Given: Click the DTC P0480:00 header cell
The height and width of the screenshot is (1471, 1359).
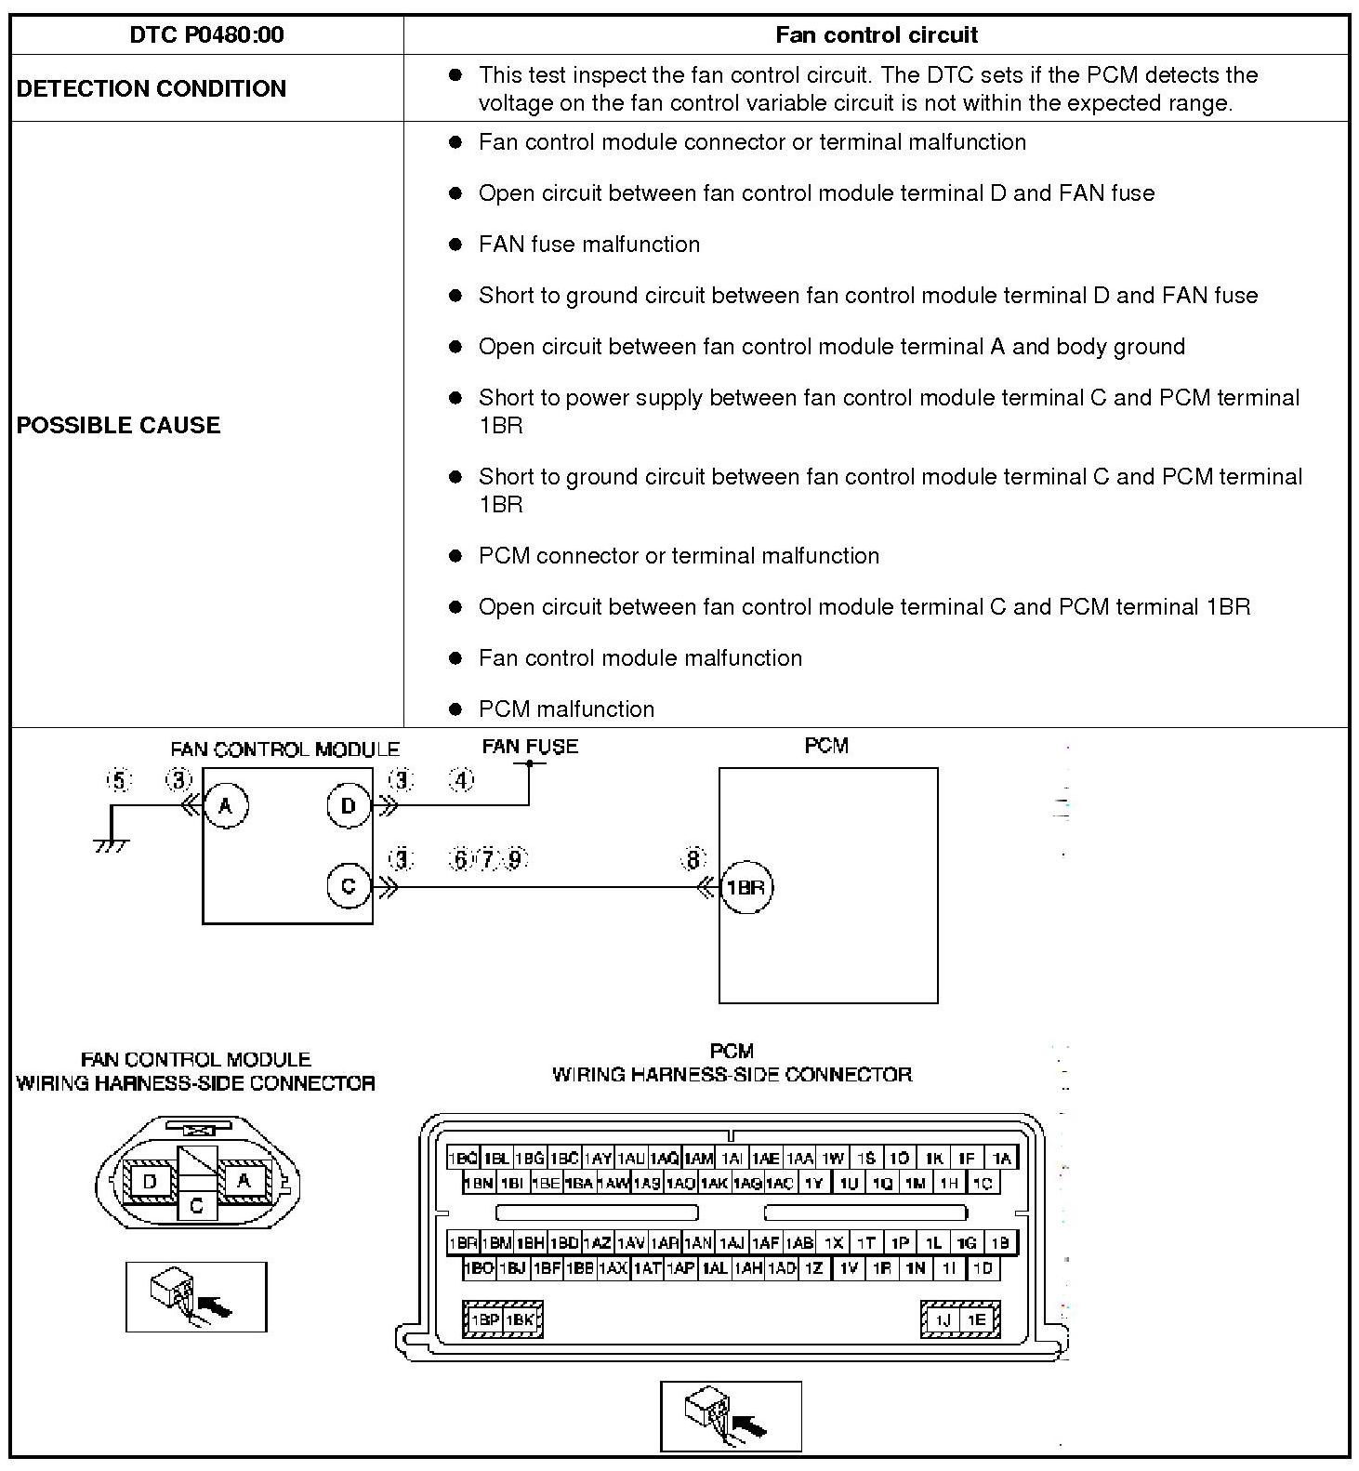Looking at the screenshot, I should click(x=206, y=35).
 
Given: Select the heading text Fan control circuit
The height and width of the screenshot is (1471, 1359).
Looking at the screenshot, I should click(x=876, y=35).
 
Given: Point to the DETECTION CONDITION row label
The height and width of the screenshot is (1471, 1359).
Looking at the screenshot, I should click(x=152, y=88).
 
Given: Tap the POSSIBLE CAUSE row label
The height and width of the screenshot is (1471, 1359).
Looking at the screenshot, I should click(x=119, y=425).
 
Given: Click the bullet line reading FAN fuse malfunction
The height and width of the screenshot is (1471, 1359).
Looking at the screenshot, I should click(x=588, y=245).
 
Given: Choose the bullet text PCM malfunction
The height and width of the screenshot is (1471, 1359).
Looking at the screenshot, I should click(x=566, y=709).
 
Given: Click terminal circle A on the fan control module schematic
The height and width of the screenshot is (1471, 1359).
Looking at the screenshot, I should click(x=226, y=805).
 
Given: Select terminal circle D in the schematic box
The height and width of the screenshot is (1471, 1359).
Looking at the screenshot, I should click(x=349, y=805).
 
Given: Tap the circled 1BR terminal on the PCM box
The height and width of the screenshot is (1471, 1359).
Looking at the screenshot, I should click(x=745, y=887).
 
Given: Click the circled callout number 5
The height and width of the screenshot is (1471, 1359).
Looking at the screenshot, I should click(x=119, y=781).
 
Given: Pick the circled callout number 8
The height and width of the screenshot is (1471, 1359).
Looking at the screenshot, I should click(x=693, y=860).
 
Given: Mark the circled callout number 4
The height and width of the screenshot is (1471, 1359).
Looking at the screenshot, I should click(x=462, y=780).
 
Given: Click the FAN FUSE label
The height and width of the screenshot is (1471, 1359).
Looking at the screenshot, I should click(x=530, y=747).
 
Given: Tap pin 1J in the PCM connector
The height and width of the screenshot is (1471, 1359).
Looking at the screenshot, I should click(x=943, y=1319).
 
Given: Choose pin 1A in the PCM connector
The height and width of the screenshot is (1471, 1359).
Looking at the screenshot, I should click(x=1000, y=1159).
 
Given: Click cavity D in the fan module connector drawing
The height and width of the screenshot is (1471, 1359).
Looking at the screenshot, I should click(x=149, y=1182).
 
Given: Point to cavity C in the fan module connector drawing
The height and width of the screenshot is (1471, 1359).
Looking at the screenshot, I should click(x=196, y=1206).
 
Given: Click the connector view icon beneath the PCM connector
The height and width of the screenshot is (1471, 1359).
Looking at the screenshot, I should click(x=731, y=1416).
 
